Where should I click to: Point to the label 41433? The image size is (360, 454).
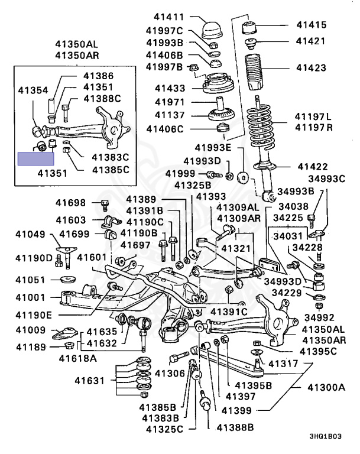(x=170, y=88)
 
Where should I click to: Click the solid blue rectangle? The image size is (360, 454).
(x=35, y=158)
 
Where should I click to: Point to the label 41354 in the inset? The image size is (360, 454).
(x=33, y=90)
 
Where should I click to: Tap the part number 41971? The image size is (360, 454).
(x=170, y=102)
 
